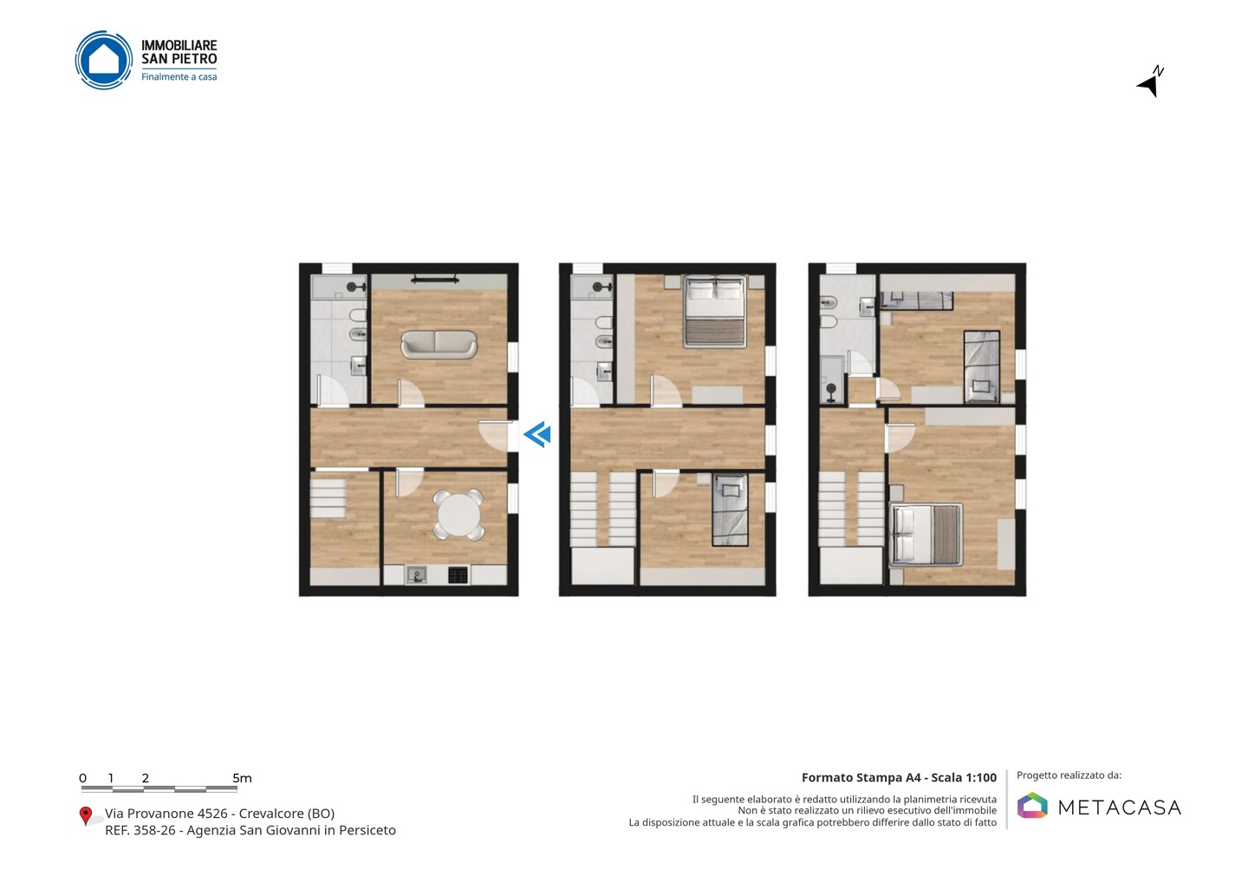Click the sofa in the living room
[x=439, y=344]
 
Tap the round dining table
[x=458, y=515]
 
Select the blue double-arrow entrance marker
[x=537, y=434]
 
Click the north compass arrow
[x=1150, y=81]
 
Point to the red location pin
[x=85, y=816]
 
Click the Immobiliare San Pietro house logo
[x=104, y=60]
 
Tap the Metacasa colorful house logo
[x=1032, y=805]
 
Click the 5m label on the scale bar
[x=242, y=778]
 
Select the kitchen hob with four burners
[x=458, y=575]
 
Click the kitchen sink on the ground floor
[x=416, y=575]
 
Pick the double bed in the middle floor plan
[x=716, y=312]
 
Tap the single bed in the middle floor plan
[x=731, y=509]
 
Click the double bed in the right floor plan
[x=926, y=535]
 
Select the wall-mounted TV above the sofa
[x=435, y=278]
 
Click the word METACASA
[x=1120, y=807]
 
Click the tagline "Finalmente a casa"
[x=179, y=77]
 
